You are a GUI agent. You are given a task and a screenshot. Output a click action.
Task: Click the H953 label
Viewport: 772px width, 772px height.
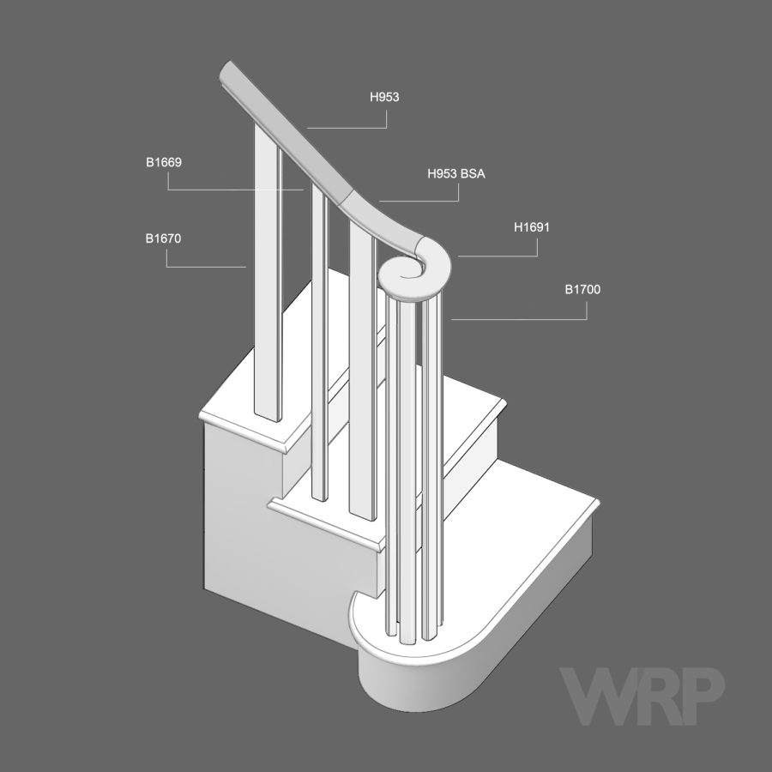click(x=384, y=97)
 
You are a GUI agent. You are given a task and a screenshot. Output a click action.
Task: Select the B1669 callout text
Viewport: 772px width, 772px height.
click(x=164, y=162)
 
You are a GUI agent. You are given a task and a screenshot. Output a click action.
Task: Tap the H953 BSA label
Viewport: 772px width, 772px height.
click(x=456, y=173)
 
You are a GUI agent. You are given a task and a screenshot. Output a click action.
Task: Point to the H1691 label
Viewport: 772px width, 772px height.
click(x=532, y=227)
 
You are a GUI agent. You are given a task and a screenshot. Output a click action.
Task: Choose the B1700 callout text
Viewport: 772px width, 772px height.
click(x=582, y=289)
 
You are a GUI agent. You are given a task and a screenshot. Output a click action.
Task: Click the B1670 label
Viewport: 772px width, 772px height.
click(x=164, y=238)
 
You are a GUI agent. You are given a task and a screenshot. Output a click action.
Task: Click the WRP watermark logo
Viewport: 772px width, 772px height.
click(x=642, y=695)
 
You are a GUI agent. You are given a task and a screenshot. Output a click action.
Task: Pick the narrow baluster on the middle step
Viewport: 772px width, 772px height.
click(x=320, y=344)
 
